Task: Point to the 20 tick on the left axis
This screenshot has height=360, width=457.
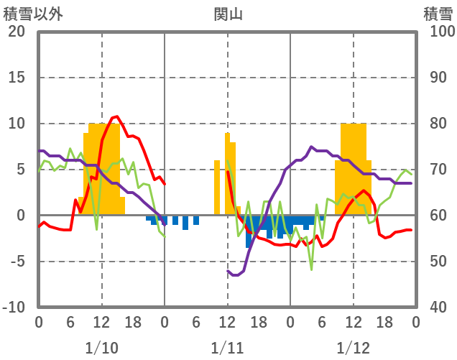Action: tap(17, 32)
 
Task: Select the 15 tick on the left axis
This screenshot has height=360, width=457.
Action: tap(17, 78)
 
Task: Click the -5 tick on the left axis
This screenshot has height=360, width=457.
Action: tap(17, 262)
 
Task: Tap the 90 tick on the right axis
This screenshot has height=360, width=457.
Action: tap(437, 78)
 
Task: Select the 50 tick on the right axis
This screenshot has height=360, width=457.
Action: tap(437, 262)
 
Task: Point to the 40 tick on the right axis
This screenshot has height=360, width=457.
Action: tap(437, 308)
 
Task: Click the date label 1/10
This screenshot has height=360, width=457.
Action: tap(101, 348)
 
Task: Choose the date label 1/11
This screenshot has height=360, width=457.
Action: tap(227, 348)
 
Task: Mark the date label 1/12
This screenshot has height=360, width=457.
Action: tap(353, 348)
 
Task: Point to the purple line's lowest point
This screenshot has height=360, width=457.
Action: tap(234, 275)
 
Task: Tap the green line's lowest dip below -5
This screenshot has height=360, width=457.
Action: tap(311, 269)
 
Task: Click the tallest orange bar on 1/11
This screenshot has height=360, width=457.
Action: tap(227, 134)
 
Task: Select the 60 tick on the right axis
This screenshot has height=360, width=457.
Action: tap(437, 216)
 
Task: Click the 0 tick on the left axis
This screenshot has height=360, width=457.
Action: tap(21, 216)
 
